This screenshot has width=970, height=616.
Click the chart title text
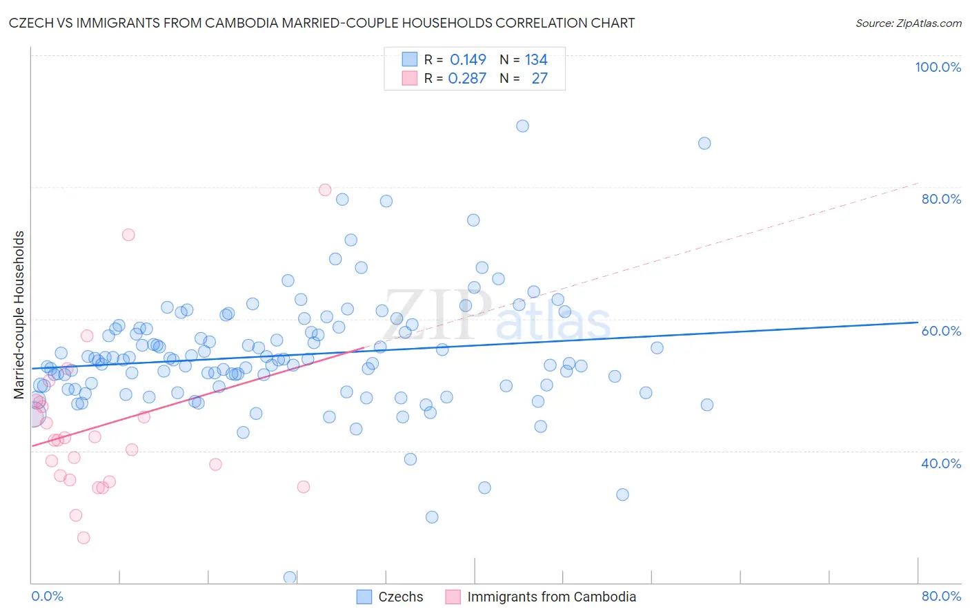[x=321, y=23]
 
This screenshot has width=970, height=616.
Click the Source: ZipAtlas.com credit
[x=908, y=23]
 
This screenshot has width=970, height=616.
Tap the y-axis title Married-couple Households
[x=19, y=315]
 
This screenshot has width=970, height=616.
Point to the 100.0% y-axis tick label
[x=938, y=67]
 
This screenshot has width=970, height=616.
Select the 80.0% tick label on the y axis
[x=941, y=199]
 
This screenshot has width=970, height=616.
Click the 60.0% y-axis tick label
[x=941, y=331]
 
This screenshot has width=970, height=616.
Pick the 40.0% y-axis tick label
[x=941, y=463]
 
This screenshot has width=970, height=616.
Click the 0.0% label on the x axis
[x=47, y=596]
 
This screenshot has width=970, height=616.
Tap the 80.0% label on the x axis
[x=941, y=596]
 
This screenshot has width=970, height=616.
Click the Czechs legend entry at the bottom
[x=400, y=597]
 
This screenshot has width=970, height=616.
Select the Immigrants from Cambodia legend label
[x=551, y=597]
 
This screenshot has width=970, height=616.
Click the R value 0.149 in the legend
[x=468, y=60]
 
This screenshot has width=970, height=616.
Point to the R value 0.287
[x=467, y=79]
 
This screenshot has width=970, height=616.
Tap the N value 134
[x=536, y=60]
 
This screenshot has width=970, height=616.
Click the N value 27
[x=540, y=79]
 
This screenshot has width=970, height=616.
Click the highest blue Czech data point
[x=522, y=126]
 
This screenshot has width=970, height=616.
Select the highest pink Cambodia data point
[x=325, y=190]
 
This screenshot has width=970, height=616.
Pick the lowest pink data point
[x=83, y=537]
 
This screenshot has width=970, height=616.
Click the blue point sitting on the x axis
[x=290, y=577]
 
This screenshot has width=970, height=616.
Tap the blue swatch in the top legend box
[x=410, y=59]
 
